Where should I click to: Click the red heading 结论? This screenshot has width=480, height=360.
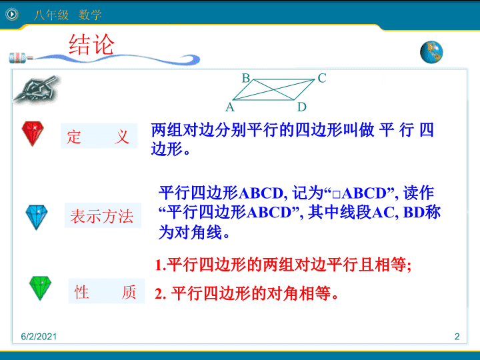[91, 45]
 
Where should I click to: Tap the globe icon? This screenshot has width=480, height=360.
[431, 53]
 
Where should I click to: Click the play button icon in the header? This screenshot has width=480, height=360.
[12, 14]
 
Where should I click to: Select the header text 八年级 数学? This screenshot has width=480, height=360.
[67, 15]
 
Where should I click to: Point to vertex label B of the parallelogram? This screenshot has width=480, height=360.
[246, 79]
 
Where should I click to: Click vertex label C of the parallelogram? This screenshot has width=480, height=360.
[322, 78]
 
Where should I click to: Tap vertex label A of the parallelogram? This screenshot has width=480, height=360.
[230, 107]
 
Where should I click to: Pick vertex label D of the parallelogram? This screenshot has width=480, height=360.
[302, 107]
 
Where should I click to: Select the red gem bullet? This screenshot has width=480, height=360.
[33, 133]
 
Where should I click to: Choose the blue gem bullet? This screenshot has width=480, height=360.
[37, 217]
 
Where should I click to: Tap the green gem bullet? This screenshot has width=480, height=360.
[40, 288]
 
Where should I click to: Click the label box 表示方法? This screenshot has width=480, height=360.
[103, 215]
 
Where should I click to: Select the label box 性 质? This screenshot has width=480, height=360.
[106, 291]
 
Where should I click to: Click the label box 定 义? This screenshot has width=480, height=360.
[99, 135]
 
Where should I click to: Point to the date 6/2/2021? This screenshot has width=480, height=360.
[39, 337]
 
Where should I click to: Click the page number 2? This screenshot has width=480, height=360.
[457, 337]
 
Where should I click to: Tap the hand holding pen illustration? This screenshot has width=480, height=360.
[37, 90]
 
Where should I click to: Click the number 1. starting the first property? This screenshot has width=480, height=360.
[161, 265]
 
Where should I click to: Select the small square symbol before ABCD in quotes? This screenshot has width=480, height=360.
[336, 194]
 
